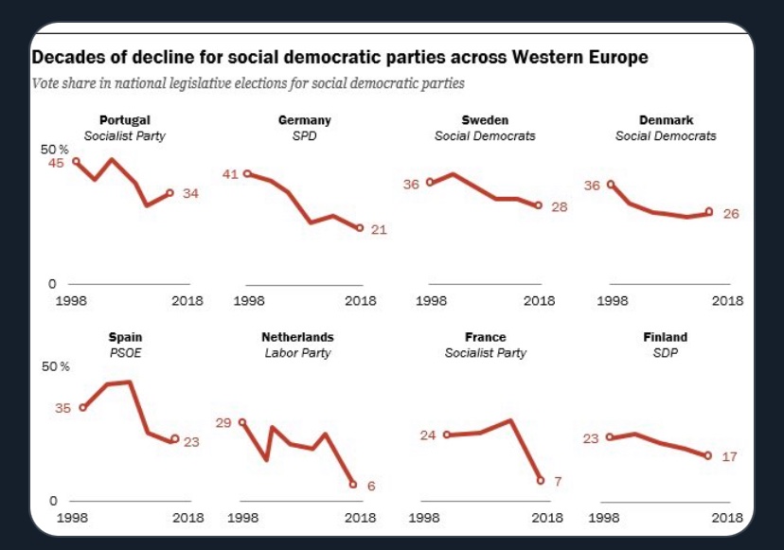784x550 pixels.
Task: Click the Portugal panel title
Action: click(125, 120)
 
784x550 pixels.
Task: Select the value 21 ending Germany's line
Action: click(379, 230)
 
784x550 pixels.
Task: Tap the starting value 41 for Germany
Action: click(230, 174)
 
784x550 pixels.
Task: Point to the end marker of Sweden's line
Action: click(538, 205)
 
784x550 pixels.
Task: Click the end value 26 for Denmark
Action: click(730, 214)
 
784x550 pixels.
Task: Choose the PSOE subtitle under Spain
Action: click(125, 353)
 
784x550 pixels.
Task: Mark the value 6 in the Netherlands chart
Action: click(371, 487)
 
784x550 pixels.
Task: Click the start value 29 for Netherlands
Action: click(223, 422)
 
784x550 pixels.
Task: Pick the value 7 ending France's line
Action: click(558, 482)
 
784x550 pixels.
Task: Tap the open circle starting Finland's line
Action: click(610, 437)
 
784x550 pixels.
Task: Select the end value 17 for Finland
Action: click(729, 457)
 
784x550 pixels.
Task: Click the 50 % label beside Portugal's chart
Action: click(55, 151)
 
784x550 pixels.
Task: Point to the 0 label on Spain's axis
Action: click(53, 500)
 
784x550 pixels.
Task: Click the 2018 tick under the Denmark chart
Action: click(727, 301)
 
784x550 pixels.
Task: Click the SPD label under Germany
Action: click(304, 135)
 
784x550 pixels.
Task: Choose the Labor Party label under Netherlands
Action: click(297, 353)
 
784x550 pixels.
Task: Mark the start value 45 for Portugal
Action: click(56, 163)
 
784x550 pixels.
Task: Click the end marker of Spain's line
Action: click(174, 439)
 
